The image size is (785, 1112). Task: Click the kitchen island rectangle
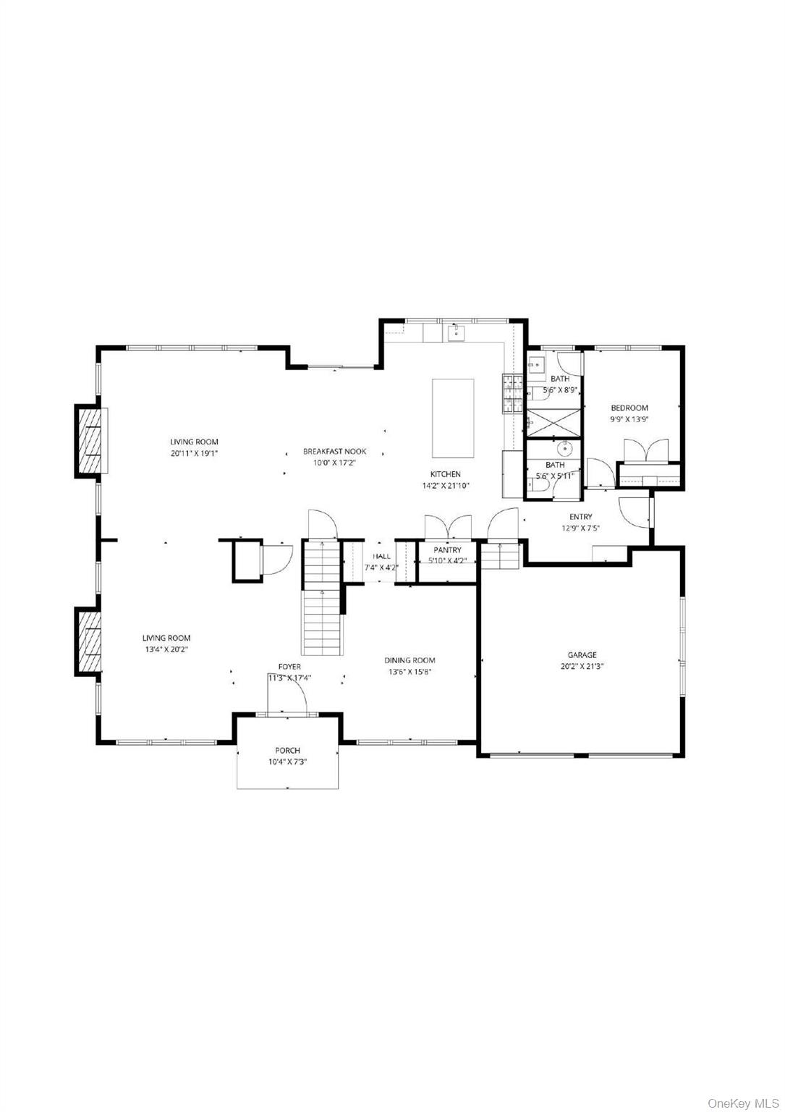click(453, 418)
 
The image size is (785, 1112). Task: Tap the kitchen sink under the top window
click(455, 333)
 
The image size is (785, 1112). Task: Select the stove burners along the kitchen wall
click(512, 395)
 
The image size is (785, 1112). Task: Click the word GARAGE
click(582, 655)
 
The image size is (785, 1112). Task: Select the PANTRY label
click(447, 550)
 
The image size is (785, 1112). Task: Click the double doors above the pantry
click(448, 526)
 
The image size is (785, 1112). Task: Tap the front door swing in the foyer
click(287, 695)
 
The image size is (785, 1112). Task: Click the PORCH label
click(287, 750)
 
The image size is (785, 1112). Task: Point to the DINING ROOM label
click(410, 660)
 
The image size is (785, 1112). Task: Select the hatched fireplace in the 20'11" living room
click(90, 442)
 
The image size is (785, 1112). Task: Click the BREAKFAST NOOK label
click(334, 451)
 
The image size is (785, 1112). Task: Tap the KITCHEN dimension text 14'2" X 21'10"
click(446, 486)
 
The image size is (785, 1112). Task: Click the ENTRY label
click(580, 517)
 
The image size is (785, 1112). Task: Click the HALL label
click(381, 557)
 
